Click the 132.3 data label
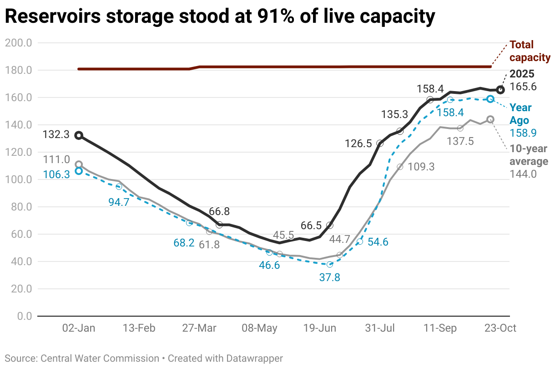pyautogui.click(x=56, y=135)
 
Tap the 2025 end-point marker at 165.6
pyautogui.click(x=500, y=90)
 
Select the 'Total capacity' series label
pyautogui.click(x=530, y=51)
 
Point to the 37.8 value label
pyautogui.click(x=330, y=277)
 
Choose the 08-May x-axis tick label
pyautogui.click(x=260, y=328)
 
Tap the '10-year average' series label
pyautogui.click(x=529, y=155)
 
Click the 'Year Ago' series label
pyautogui.click(x=520, y=113)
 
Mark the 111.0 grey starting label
pyautogui.click(x=56, y=159)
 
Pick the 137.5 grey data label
pyautogui.click(x=460, y=141)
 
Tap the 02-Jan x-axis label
pyautogui.click(x=79, y=328)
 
